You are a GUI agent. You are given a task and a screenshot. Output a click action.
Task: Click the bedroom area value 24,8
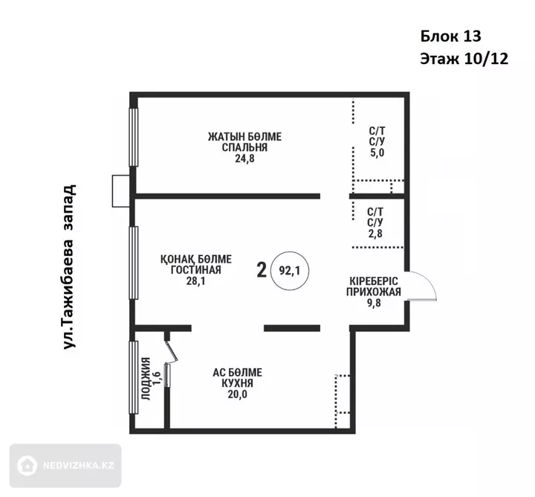coord(244,158)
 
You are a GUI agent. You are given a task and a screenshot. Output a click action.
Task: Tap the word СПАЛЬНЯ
coord(244,147)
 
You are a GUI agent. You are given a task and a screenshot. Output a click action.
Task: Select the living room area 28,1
coord(196,281)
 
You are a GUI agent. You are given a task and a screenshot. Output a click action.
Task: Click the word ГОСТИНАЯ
coord(196,270)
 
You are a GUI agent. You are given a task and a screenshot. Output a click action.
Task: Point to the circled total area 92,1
coord(290,271)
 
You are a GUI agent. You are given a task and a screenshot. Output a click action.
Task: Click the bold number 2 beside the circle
coord(262,271)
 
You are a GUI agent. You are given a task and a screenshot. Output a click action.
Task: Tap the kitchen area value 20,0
coord(238,394)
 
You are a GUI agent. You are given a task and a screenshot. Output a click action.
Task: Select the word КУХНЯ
coord(238,384)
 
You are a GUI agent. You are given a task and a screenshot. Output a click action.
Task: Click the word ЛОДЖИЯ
coord(146,379)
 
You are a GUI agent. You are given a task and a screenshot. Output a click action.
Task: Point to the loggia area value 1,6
coord(157,379)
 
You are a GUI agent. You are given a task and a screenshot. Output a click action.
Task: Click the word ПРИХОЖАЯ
coord(374,292)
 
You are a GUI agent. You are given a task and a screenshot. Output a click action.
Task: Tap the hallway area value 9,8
coord(374,303)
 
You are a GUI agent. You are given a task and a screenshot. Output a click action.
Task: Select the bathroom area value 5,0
coord(377,153)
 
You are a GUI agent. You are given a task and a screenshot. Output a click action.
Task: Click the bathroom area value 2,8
coord(375,234)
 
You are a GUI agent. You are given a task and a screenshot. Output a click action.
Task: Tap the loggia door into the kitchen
coord(172,352)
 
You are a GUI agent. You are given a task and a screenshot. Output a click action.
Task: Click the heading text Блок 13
coord(450,36)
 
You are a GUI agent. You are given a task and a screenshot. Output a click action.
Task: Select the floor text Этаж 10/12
coord(464,59)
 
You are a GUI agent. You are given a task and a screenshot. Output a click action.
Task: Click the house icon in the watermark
coord(27,466)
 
